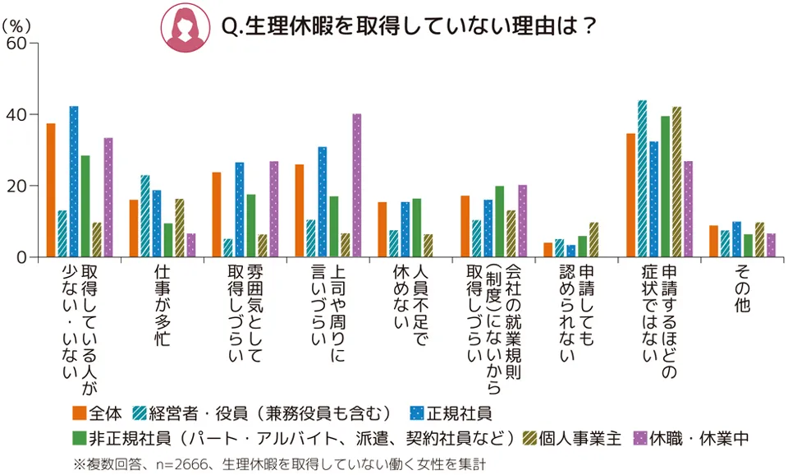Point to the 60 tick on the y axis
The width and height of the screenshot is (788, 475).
pyautogui.click(x=16, y=43)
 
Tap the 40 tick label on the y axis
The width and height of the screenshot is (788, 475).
pyautogui.click(x=16, y=114)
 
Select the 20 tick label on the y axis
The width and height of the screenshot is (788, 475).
pyautogui.click(x=16, y=186)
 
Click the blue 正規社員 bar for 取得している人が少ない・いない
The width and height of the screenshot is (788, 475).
pyautogui.click(x=74, y=182)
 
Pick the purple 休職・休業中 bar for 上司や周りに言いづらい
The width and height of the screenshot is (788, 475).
pyautogui.click(x=357, y=186)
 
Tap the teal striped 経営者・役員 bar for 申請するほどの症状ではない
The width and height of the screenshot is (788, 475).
pyautogui.click(x=643, y=179)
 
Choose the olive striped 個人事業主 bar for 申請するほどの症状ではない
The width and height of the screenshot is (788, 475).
pyautogui.click(x=677, y=182)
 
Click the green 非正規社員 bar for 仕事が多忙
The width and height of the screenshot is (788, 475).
pyautogui.click(x=168, y=240)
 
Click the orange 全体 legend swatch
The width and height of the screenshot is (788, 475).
pyautogui.click(x=79, y=413)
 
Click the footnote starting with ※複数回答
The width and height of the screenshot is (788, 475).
pyautogui.click(x=279, y=463)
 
